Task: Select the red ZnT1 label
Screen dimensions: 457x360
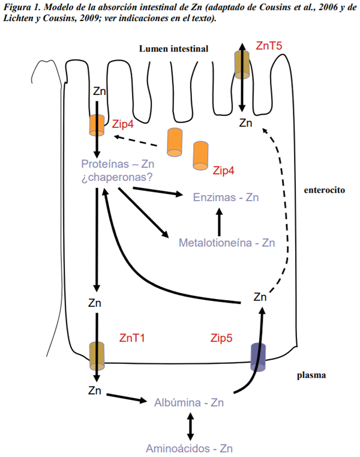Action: pyautogui.click(x=132, y=338)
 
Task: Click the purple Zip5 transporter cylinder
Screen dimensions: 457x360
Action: pyautogui.click(x=259, y=357)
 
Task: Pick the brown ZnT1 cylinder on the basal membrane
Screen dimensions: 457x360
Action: pyautogui.click(x=97, y=356)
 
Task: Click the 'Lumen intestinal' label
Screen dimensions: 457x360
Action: pyautogui.click(x=174, y=49)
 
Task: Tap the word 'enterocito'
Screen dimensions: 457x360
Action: pyautogui.click(x=323, y=190)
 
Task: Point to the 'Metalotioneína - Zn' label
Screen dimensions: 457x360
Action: pyautogui.click(x=227, y=243)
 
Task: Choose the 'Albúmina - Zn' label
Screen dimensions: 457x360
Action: pyautogui.click(x=189, y=403)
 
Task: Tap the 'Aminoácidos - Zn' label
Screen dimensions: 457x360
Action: pyautogui.click(x=190, y=448)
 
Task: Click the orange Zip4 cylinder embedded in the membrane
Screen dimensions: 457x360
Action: pyautogui.click(x=97, y=124)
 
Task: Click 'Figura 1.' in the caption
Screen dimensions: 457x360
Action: pyautogui.click(x=23, y=6)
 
